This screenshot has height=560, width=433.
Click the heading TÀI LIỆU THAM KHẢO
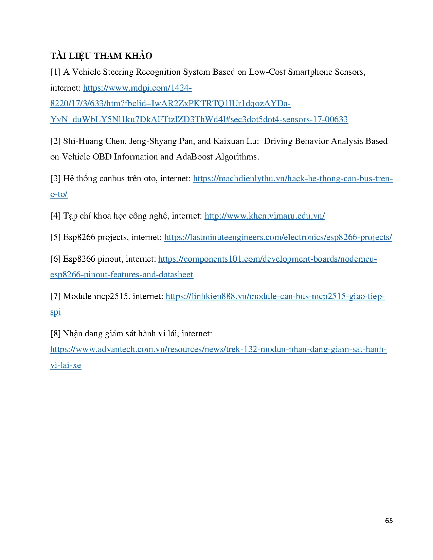tap(101, 56)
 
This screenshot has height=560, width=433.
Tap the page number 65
tap(389, 521)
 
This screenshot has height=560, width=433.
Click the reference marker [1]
tap(55, 72)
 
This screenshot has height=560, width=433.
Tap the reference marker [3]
tap(55, 179)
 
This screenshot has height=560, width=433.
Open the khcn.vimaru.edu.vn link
tap(265, 216)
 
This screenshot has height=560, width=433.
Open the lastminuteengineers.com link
tap(278, 237)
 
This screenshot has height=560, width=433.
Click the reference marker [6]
tap(55, 259)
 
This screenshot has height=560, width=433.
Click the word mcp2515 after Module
tap(111, 296)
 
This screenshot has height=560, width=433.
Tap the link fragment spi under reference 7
tap(55, 312)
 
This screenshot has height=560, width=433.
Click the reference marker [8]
tap(55, 334)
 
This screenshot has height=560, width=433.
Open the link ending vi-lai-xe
tap(66, 366)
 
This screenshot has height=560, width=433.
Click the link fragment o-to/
tap(59, 194)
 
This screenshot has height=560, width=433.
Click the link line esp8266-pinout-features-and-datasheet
tap(122, 275)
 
